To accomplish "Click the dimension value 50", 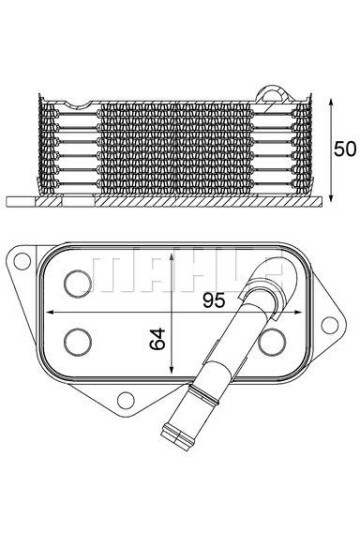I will click(x=344, y=150).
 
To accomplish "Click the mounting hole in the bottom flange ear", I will click(x=126, y=402).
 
